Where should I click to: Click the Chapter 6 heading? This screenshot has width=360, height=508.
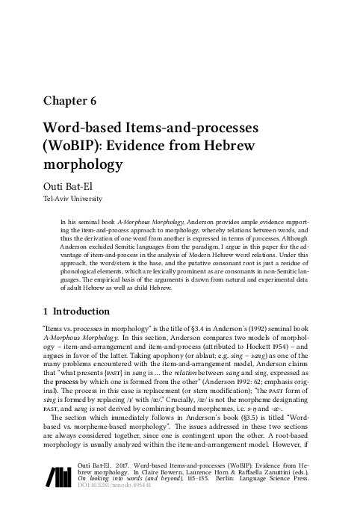tap(70, 100)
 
